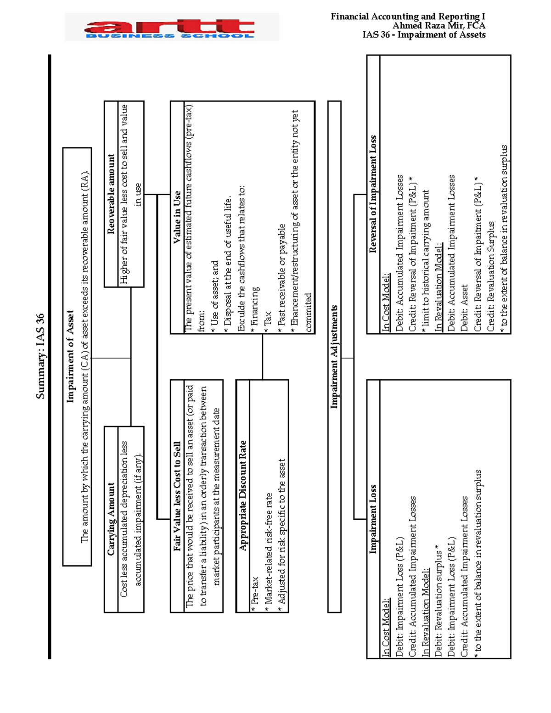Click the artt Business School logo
[x=171, y=28]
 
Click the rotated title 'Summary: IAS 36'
[x=40, y=356]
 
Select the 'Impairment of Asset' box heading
[x=70, y=356]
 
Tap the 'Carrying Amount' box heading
[x=111, y=519]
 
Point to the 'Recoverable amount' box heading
[x=111, y=194]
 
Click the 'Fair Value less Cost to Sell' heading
[x=177, y=496]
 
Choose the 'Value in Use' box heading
[x=177, y=217]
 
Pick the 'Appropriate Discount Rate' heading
[x=243, y=496]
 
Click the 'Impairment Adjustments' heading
[x=334, y=356]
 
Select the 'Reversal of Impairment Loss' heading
[x=373, y=194]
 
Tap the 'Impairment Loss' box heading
[x=373, y=519]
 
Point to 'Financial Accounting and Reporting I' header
[x=408, y=17]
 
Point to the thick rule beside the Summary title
[x=50, y=356]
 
